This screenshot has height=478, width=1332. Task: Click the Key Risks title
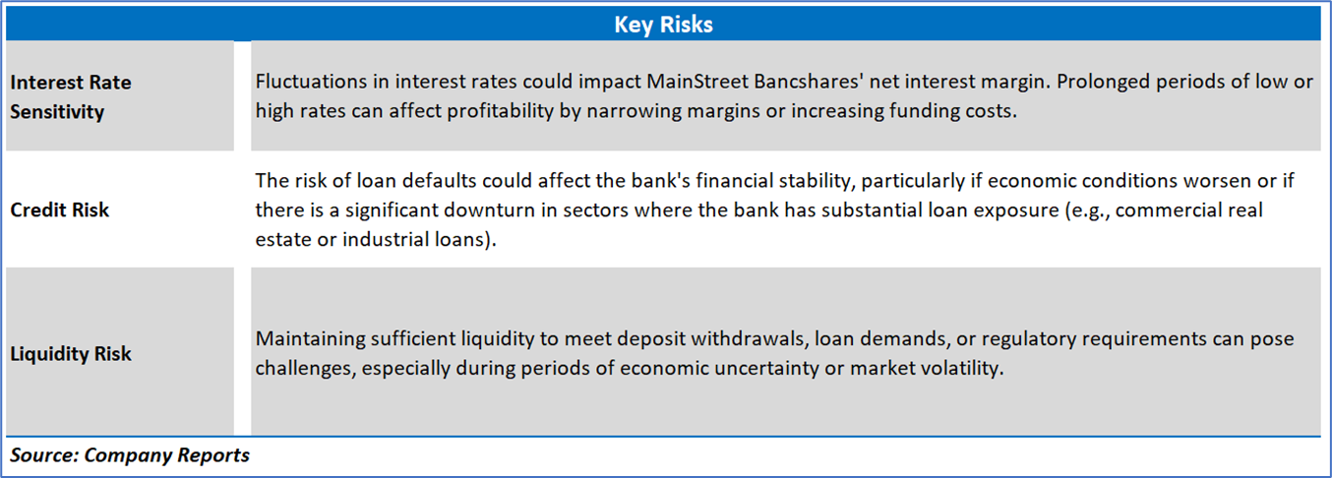tap(663, 25)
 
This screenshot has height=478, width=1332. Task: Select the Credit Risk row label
tap(59, 209)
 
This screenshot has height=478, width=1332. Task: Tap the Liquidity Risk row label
tap(70, 354)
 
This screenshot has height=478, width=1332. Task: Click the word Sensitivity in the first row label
tap(57, 112)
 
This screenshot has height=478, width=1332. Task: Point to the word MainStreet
tap(696, 82)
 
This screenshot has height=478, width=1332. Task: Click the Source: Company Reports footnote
tap(130, 455)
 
